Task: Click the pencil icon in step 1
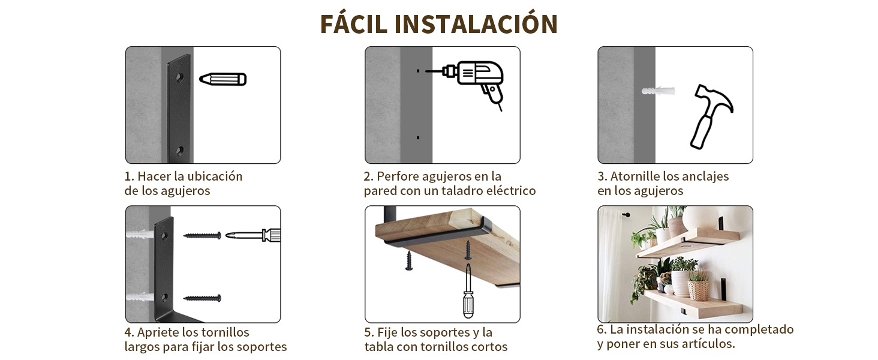coord(222,79)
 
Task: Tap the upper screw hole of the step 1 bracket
coord(179,77)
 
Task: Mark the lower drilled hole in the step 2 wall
coord(418,138)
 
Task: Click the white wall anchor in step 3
coord(658,91)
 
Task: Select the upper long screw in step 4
coord(202,236)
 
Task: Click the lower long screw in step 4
coord(202,298)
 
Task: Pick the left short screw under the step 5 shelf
coord(409,260)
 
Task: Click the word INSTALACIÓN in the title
coord(476,24)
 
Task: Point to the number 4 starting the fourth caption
coord(128,332)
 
